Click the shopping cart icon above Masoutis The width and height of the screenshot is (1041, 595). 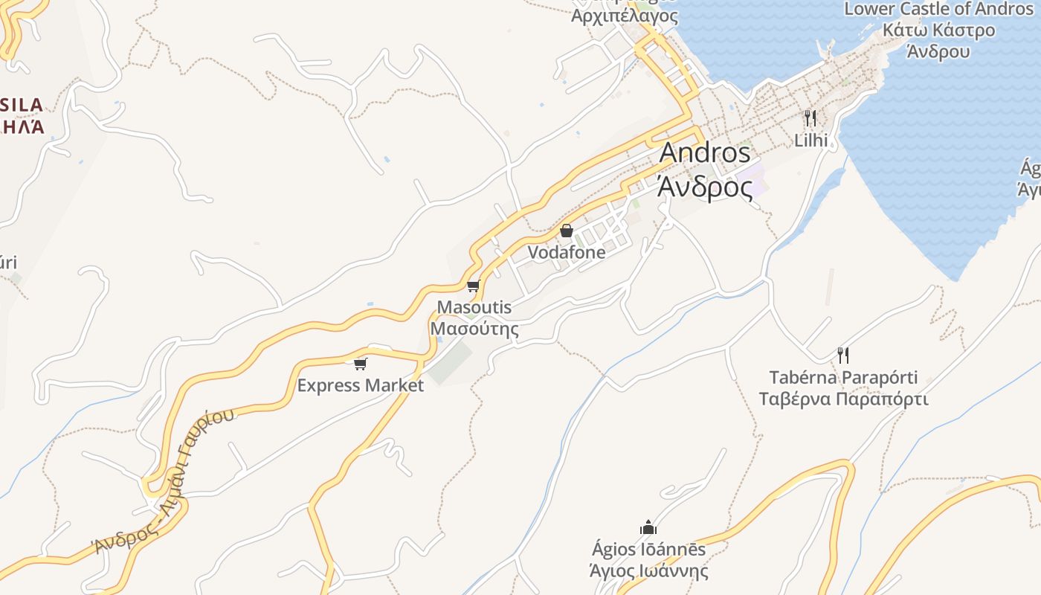click(x=473, y=286)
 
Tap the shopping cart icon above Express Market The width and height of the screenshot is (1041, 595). click(x=361, y=364)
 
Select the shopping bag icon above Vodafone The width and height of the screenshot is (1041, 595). click(x=567, y=231)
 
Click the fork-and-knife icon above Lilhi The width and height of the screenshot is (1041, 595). click(x=810, y=118)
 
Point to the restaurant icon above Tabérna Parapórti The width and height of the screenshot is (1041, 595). click(x=842, y=355)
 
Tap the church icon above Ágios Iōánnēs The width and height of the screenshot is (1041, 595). click(x=648, y=527)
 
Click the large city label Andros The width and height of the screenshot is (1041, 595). click(x=705, y=152)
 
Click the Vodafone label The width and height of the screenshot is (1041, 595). click(x=567, y=252)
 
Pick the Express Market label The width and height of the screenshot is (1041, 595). click(x=361, y=385)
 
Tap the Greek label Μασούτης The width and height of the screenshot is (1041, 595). click(x=474, y=328)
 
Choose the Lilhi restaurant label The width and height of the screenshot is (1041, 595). click(x=810, y=140)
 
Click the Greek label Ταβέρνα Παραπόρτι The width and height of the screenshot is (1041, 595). click(x=843, y=399)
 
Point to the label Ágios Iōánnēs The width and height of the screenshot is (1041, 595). click(x=648, y=550)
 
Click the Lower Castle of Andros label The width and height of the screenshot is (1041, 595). click(x=938, y=10)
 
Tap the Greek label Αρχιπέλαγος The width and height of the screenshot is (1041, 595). click(x=625, y=16)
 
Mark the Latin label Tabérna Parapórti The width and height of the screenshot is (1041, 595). click(x=843, y=377)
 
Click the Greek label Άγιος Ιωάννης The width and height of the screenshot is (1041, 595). click(x=648, y=571)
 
